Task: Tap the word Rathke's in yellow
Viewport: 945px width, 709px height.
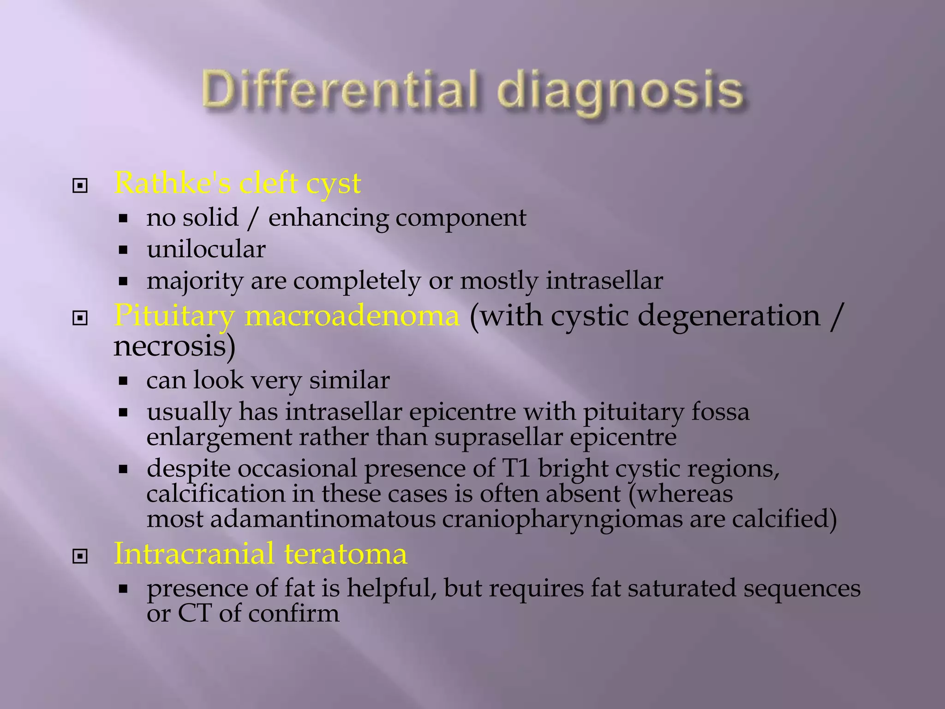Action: (x=173, y=183)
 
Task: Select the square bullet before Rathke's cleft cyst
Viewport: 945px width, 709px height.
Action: (x=80, y=186)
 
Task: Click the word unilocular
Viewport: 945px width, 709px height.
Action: (x=206, y=250)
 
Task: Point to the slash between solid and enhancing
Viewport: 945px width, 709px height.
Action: (x=252, y=218)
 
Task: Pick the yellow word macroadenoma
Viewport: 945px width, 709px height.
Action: (x=352, y=316)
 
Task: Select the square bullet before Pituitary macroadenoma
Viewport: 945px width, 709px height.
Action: (x=80, y=318)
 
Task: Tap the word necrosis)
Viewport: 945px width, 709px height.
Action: (x=174, y=346)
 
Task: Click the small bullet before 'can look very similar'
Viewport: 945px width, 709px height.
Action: (x=123, y=381)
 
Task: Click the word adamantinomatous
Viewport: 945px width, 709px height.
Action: (x=323, y=519)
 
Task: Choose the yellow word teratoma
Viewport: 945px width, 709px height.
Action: (x=346, y=554)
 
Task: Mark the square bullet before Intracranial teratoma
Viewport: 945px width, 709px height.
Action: (x=80, y=556)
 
